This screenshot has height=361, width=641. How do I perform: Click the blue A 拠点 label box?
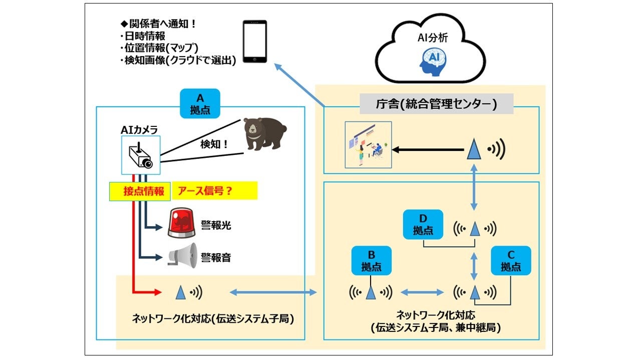pos(200,103)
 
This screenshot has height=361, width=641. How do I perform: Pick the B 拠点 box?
pos(371,260)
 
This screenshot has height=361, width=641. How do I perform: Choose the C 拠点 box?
pos(511,260)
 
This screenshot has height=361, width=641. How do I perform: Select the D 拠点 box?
pos(423,224)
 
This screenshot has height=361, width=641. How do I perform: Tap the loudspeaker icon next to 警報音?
pos(182,256)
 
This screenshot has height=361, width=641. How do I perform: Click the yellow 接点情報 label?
pos(140,191)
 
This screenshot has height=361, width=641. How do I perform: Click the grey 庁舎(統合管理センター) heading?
pos(436,104)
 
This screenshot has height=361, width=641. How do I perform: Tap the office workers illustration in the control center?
pos(369,144)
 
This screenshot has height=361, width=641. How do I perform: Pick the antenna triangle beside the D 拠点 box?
pos(475,229)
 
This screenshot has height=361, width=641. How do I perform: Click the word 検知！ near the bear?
pos(214,144)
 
